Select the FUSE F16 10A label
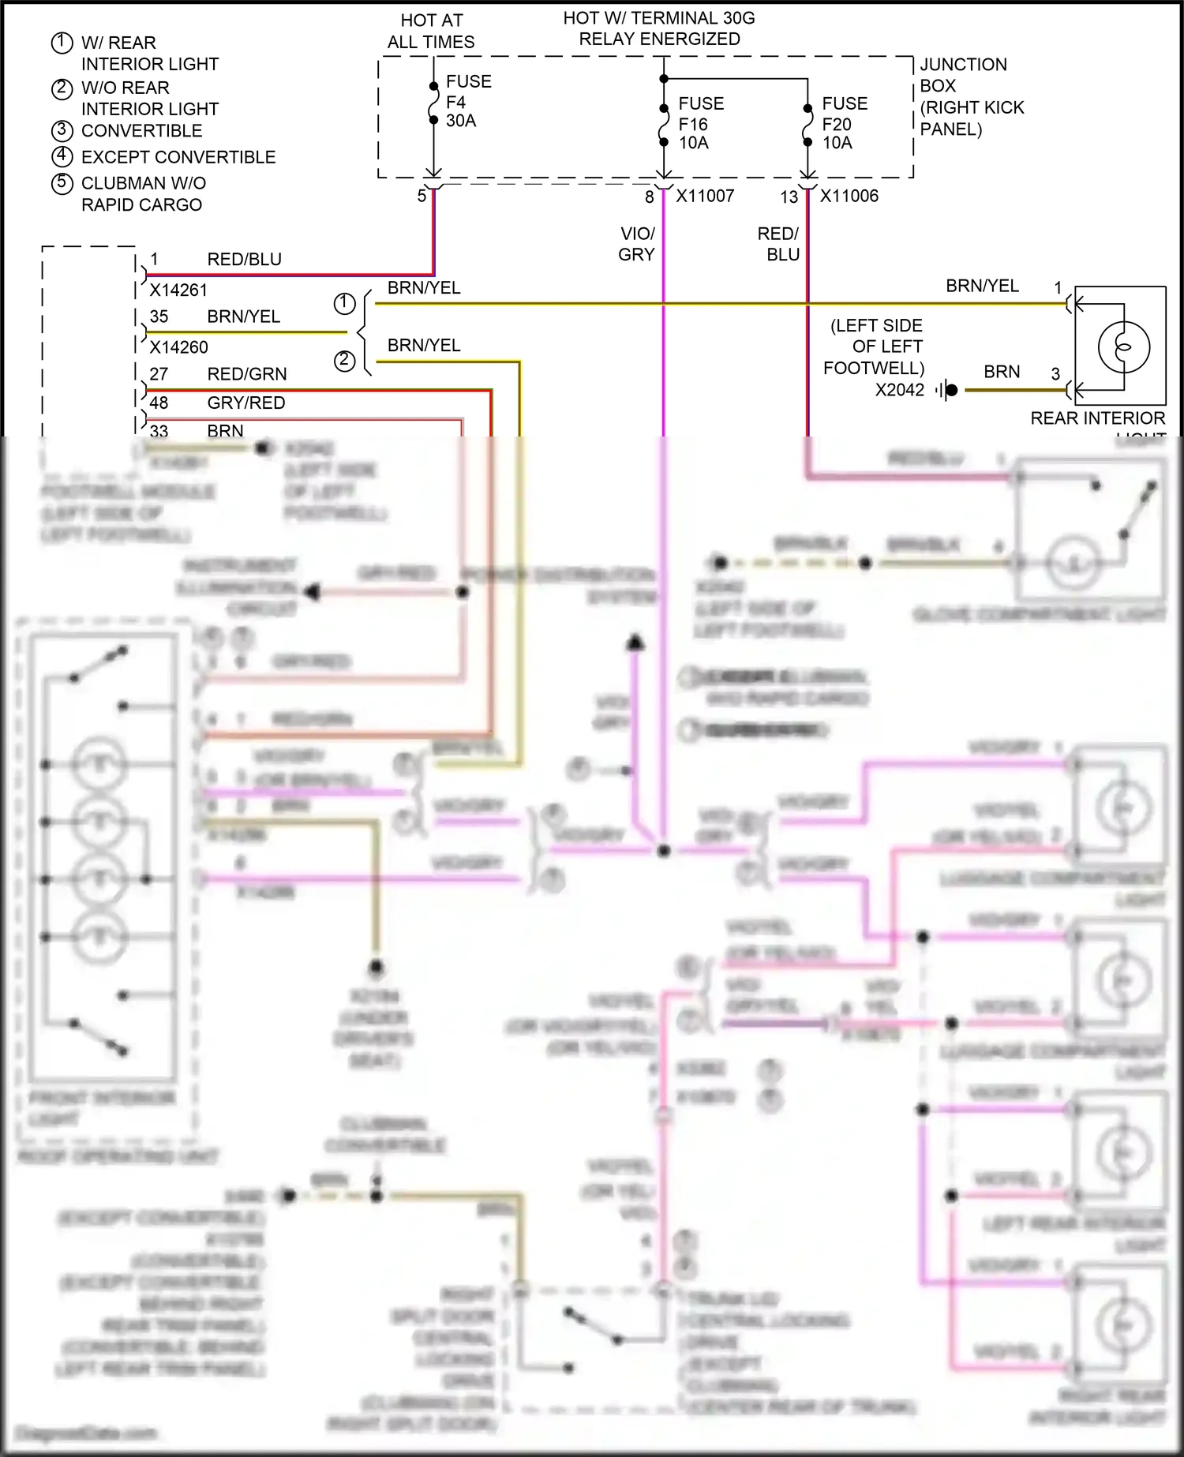point(700,123)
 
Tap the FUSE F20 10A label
point(844,123)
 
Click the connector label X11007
point(705,196)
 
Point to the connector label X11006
point(849,196)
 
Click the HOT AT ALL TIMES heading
point(431,32)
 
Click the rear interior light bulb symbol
point(1123,347)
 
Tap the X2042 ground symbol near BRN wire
point(947,390)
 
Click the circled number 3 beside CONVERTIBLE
point(62,130)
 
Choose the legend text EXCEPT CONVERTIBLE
point(178,157)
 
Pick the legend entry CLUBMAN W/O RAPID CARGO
point(143,193)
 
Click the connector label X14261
point(178,290)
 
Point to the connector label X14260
point(178,347)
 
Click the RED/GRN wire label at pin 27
point(246,374)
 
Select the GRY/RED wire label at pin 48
point(245,403)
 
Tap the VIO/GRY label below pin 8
point(636,244)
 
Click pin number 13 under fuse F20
point(789,197)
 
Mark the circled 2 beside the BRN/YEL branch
point(344,361)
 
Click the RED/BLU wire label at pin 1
point(244,259)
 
